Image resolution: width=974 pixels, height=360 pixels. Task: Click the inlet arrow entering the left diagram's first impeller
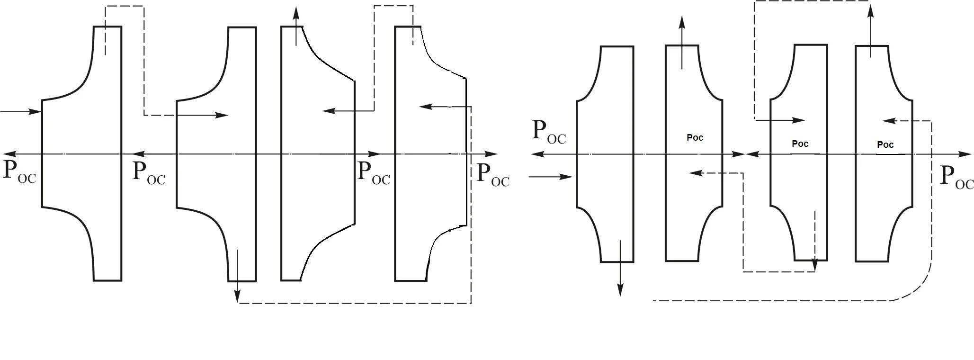click(22, 112)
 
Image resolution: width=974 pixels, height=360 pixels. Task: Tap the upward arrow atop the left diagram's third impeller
click(296, 26)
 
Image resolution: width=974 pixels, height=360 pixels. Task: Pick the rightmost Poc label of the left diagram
click(493, 174)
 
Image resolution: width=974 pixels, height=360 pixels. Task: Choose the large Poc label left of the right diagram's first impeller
click(549, 131)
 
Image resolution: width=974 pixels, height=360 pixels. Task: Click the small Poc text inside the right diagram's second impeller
click(695, 137)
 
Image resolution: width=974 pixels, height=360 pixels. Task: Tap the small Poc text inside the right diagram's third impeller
click(800, 144)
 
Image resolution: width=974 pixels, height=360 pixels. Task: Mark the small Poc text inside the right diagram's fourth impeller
click(885, 144)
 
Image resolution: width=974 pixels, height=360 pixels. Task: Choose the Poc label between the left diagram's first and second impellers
click(149, 172)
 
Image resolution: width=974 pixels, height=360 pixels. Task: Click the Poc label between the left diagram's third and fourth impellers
click(374, 172)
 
